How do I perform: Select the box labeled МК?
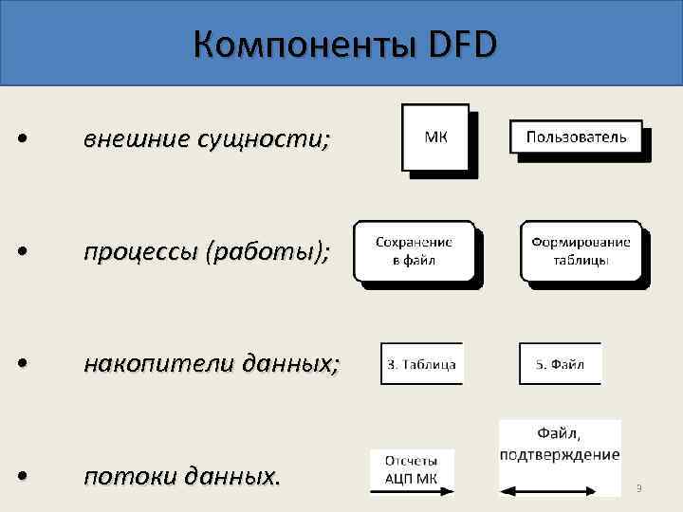click(x=435, y=137)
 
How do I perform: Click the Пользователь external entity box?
click(x=576, y=137)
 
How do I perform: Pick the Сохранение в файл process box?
click(x=414, y=250)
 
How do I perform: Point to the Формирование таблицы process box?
click(x=581, y=250)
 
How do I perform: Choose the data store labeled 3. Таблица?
click(x=421, y=363)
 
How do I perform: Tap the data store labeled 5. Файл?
click(x=560, y=363)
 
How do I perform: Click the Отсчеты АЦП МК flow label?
click(x=412, y=468)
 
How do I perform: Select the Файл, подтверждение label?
click(x=560, y=443)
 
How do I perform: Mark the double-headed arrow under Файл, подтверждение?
click(x=560, y=491)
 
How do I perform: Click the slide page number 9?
click(x=639, y=488)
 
